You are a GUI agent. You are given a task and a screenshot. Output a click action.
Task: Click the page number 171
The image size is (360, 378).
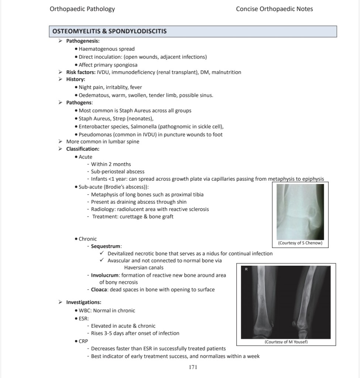click(193, 367)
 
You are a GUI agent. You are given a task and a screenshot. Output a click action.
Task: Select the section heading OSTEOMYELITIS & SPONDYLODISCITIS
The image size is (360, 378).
click(110, 31)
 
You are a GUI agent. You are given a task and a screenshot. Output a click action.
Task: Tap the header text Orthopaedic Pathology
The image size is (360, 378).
click(82, 9)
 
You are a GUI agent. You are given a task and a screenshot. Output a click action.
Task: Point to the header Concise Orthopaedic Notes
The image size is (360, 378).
click(274, 9)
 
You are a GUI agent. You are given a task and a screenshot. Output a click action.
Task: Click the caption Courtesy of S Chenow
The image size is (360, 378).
click(300, 243)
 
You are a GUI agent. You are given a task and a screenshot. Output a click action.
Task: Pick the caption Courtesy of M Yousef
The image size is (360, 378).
click(286, 342)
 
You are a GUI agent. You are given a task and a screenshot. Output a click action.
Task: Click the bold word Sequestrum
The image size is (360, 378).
click(106, 246)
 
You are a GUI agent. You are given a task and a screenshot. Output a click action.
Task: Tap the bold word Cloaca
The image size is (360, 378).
click(99, 289)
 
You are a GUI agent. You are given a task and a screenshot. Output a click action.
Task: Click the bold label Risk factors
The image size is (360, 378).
click(80, 72)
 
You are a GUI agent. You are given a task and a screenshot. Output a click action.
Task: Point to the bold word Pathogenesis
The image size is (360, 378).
click(83, 41)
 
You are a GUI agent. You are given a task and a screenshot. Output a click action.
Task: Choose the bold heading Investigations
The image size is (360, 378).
click(83, 302)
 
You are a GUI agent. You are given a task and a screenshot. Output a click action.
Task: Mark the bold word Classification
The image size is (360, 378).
click(83, 149)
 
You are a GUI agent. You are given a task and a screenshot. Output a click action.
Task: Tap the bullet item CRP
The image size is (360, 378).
click(83, 341)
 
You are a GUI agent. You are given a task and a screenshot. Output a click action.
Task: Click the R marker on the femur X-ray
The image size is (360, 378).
click(246, 269)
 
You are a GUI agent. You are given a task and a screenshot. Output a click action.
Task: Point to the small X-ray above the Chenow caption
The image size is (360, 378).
click(300, 211)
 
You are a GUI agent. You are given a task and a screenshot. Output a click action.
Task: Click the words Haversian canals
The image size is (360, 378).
click(144, 268)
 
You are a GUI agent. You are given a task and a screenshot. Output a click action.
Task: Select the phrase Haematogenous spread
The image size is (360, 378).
click(107, 49)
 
